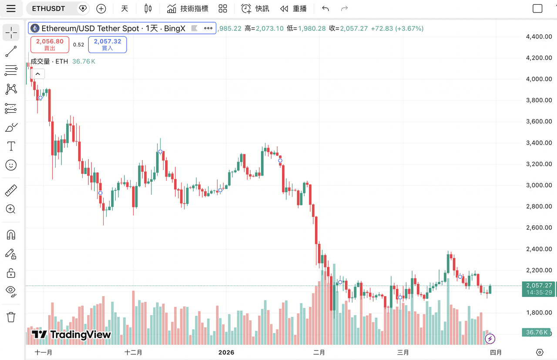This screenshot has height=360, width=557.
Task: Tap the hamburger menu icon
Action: tap(11, 9)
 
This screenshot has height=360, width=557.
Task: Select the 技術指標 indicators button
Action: tap(188, 9)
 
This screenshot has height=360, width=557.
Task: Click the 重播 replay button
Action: tap(294, 9)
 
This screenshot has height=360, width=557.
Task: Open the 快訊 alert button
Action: tap(255, 9)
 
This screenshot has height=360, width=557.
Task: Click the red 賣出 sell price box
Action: tap(50, 44)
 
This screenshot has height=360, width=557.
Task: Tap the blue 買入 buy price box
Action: tap(107, 44)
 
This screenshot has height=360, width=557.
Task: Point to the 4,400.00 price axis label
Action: tap(539, 37)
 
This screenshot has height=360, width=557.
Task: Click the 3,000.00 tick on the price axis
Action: tap(539, 185)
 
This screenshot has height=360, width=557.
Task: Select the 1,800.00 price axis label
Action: tap(539, 313)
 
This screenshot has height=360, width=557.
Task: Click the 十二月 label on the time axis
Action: tap(133, 352)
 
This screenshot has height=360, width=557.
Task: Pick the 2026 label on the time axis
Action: tap(226, 352)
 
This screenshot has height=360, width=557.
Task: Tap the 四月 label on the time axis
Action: tap(496, 352)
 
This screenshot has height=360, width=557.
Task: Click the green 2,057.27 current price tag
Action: tap(539, 286)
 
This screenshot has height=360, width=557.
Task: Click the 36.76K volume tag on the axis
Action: tap(537, 333)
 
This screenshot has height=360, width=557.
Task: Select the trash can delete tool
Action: tap(11, 317)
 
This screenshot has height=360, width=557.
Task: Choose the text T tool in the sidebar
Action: tap(11, 146)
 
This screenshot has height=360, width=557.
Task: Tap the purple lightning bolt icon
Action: tap(490, 338)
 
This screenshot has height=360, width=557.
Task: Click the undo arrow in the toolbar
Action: tap(325, 9)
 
